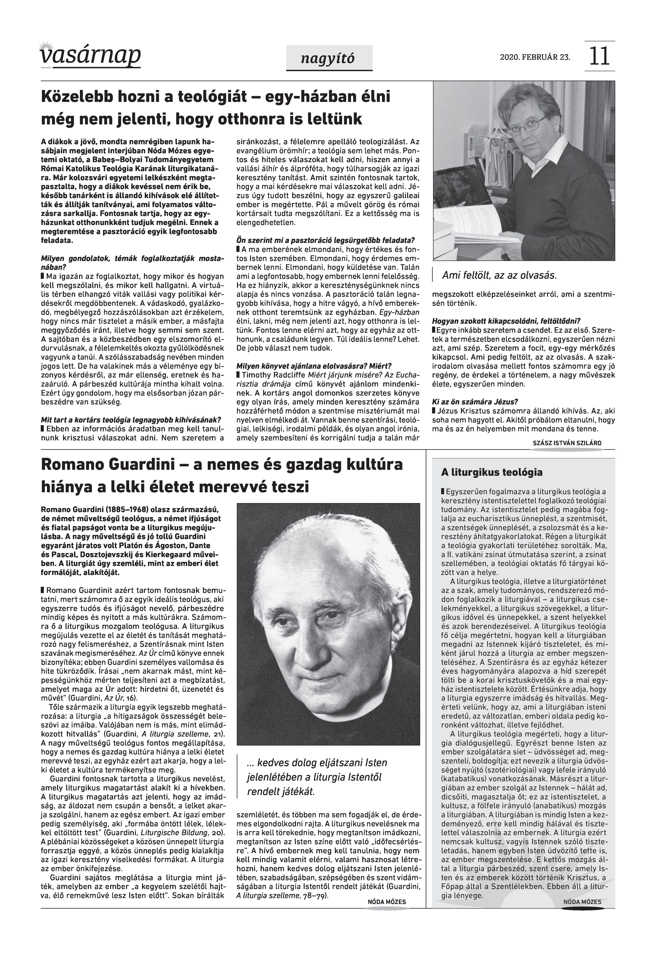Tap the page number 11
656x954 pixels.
click(x=599, y=56)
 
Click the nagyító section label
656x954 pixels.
click(x=329, y=59)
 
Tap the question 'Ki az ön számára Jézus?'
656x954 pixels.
click(x=475, y=401)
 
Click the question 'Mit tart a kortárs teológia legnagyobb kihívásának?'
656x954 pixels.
click(x=131, y=420)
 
